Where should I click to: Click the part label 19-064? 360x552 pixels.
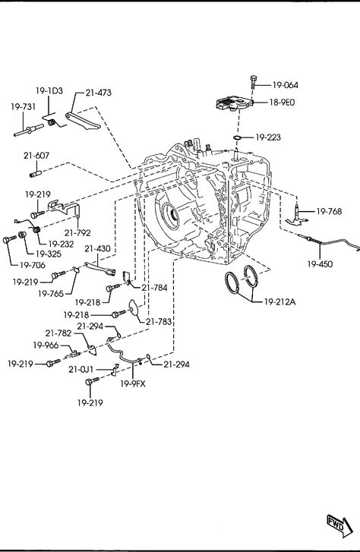[x=285, y=85]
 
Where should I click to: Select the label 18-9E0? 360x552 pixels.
[x=282, y=103]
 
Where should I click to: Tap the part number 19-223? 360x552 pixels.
[x=268, y=137]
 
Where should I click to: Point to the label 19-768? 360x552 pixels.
[x=329, y=212]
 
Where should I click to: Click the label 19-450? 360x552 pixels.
[x=320, y=264]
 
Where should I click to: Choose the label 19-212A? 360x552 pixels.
[x=279, y=301]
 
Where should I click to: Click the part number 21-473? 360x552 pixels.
[x=98, y=93]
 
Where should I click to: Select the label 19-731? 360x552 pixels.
[x=24, y=106]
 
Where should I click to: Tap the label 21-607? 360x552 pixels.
[x=36, y=155]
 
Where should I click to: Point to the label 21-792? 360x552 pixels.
[x=77, y=232]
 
